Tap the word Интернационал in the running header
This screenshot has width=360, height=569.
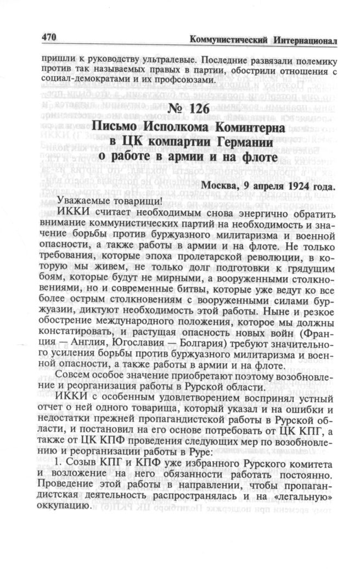click(x=303, y=41)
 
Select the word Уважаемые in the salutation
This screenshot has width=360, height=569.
click(x=81, y=200)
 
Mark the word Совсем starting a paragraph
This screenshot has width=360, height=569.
click(x=74, y=380)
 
